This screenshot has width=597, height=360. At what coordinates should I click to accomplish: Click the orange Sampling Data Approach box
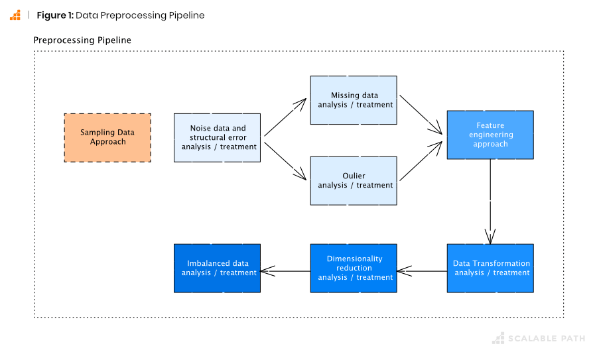point(107,138)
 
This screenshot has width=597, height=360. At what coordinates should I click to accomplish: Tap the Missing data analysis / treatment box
point(354,100)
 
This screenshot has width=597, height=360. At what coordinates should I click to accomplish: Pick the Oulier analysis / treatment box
point(354,181)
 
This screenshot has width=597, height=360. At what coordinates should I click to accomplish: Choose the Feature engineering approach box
point(490,135)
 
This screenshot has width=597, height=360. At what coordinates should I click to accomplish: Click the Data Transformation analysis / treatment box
point(490,269)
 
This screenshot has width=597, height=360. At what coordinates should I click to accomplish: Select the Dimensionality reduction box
point(354,269)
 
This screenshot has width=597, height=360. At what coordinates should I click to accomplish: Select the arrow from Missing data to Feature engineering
point(422,113)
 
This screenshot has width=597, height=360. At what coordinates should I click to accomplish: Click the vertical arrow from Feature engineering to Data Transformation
point(490,202)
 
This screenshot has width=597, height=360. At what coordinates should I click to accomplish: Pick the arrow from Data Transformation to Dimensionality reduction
point(422,270)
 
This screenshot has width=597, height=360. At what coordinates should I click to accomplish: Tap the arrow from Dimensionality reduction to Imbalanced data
point(285,270)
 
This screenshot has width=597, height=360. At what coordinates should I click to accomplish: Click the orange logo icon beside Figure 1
point(15,15)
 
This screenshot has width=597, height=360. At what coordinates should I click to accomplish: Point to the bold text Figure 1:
point(55,15)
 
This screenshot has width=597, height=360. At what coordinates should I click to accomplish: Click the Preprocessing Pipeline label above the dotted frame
point(82,40)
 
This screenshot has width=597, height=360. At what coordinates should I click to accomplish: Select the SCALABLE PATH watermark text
point(547,339)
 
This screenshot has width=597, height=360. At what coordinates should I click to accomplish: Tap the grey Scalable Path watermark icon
point(497,339)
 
